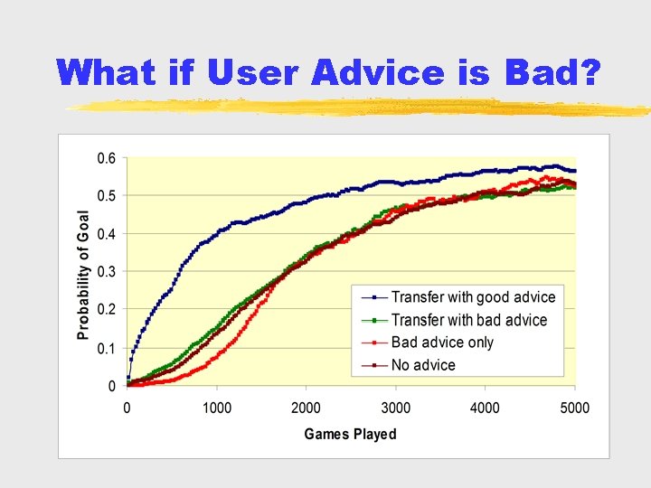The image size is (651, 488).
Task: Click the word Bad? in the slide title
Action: (552, 72)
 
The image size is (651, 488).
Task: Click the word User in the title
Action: (253, 72)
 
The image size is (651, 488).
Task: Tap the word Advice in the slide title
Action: (379, 72)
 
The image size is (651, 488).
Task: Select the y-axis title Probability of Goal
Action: (83, 275)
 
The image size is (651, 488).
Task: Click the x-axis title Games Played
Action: (350, 435)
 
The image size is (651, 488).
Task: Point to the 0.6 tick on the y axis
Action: (106, 158)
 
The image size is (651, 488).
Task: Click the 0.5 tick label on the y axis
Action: (106, 196)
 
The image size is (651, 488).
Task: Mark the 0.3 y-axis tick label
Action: (106, 272)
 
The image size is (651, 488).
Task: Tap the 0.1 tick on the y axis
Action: (106, 348)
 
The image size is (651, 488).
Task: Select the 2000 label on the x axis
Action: (306, 408)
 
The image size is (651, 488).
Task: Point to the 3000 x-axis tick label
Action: (395, 408)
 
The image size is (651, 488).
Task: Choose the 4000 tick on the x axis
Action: (485, 408)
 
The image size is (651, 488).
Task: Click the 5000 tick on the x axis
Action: (574, 408)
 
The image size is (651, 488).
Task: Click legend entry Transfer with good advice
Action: (473, 297)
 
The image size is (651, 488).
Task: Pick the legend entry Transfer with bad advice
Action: (469, 320)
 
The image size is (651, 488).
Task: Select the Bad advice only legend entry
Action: (442, 343)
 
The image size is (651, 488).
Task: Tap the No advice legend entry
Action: (423, 365)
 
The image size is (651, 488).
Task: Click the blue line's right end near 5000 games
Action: (573, 171)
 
